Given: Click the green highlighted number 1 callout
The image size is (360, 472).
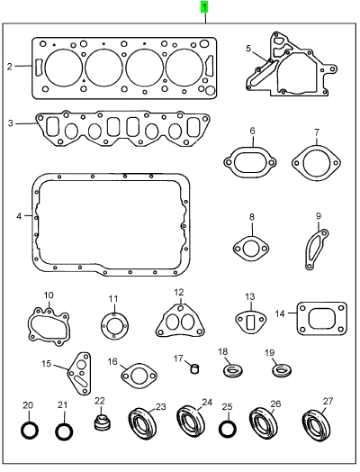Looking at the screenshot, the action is (204, 7).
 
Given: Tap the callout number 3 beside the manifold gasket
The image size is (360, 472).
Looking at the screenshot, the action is (11, 123).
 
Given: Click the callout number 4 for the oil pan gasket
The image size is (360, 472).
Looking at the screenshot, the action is (19, 216).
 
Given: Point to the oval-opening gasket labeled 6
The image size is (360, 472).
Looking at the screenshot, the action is (226, 163).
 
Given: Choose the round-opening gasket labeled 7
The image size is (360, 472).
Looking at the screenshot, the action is (293, 163).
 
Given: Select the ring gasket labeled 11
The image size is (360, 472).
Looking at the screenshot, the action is (103, 326).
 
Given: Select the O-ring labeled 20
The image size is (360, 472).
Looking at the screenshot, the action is (22, 431).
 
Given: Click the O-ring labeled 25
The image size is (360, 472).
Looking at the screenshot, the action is (220, 429).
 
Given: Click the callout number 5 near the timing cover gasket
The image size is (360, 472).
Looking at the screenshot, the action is (248, 48).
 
